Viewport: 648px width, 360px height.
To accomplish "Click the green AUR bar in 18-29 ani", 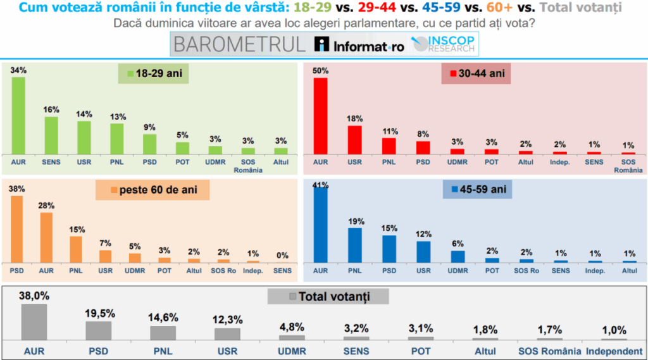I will click(18, 115).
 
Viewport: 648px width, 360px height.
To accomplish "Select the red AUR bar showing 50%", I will click(321, 116).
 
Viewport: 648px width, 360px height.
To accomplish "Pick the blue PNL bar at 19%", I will click(355, 245).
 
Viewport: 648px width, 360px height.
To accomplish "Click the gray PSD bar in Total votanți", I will click(98, 331).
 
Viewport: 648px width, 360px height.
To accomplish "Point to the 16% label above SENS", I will click(51, 109).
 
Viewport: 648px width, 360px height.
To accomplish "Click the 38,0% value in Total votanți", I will click(35, 295).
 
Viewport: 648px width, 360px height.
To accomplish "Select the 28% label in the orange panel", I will click(46, 206).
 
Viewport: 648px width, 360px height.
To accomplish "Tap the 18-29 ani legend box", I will click(154, 74).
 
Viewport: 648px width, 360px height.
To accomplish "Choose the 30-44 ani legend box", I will click(476, 74).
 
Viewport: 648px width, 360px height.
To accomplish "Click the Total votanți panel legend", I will click(328, 297).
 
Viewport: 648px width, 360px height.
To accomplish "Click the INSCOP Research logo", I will click(446, 44).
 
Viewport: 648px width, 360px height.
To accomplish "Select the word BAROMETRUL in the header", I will click(239, 45).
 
